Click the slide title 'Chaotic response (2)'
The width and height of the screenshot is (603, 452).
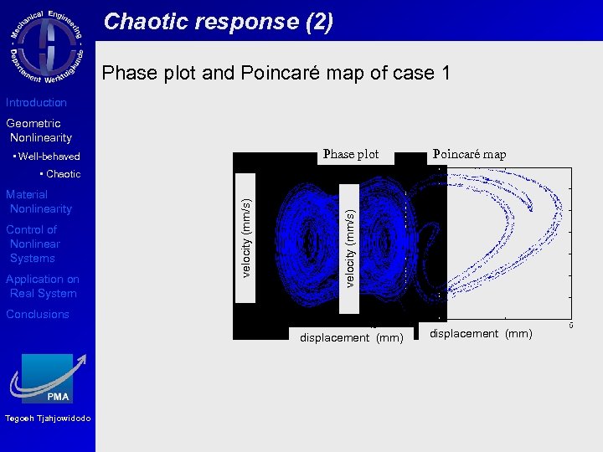pos(218,22)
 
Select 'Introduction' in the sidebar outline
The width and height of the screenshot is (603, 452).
pos(36,103)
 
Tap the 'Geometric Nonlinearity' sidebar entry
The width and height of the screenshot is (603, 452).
pos(39,131)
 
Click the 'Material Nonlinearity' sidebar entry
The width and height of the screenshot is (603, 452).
pos(39,202)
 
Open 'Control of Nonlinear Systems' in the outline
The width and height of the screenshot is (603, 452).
pos(33,244)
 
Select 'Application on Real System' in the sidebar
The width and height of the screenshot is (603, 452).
pos(42,286)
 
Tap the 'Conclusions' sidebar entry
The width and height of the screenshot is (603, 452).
pos(38,315)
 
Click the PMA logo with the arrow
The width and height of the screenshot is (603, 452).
pos(48,379)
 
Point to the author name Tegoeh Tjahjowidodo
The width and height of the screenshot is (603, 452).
pos(47,419)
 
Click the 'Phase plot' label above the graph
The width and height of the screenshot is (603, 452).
pos(351,154)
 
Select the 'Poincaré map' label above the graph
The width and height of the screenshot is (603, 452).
pos(469,154)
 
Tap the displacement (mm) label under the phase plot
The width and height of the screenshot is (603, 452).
pos(352,338)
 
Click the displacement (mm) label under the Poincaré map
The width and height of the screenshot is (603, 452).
pos(481,334)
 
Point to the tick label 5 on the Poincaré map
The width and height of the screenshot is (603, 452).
pos(571,325)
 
